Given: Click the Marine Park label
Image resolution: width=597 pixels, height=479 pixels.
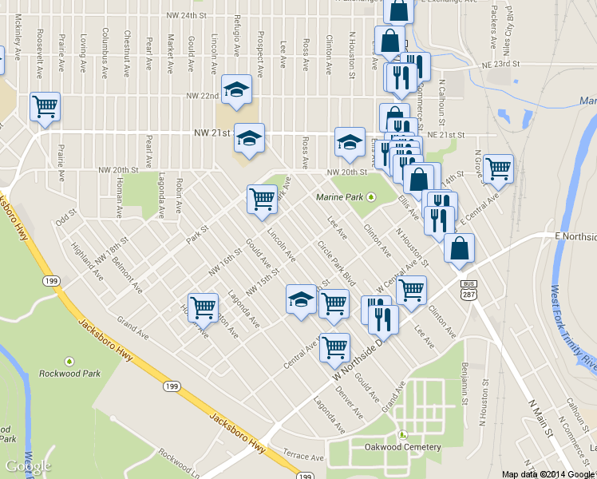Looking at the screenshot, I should [x=340, y=197].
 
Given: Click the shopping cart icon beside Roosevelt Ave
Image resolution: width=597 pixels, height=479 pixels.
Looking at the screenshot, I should [x=45, y=106].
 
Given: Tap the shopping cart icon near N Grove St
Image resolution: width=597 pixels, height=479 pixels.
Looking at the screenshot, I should [x=498, y=169].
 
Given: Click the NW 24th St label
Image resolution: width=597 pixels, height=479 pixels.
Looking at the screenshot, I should [x=186, y=16].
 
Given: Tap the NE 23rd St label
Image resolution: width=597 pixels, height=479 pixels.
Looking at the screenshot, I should [x=500, y=64].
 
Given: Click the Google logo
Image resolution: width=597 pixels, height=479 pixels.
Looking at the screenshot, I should [x=29, y=466].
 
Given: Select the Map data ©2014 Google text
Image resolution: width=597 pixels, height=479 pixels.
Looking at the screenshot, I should [x=547, y=474].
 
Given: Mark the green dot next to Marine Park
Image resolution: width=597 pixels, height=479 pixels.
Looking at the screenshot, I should [x=370, y=198].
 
